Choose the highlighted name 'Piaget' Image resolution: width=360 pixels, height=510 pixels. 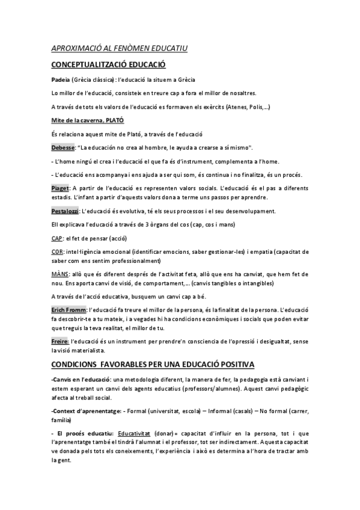tap(61, 188)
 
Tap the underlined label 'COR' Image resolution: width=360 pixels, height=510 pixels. tap(56, 252)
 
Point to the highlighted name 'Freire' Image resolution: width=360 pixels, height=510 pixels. tap(60, 342)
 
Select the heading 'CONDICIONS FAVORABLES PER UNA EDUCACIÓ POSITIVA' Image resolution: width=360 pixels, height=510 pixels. tap(153, 364)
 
